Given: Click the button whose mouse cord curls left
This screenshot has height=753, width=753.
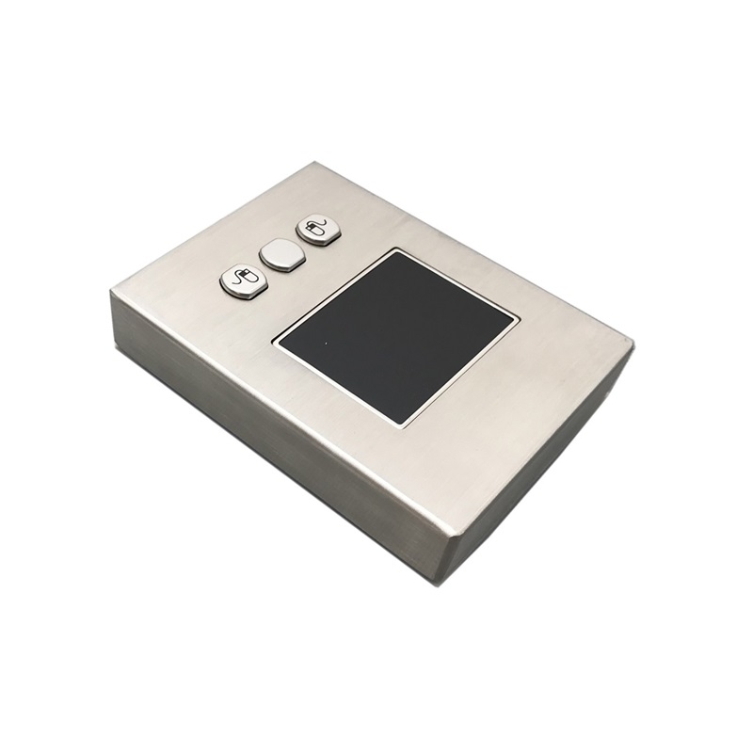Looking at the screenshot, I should point(244,280).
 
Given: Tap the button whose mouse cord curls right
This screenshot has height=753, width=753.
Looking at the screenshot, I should point(318,229).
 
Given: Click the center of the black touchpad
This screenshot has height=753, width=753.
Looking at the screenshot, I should point(396,335).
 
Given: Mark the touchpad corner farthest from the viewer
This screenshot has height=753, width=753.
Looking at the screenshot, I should point(396,253).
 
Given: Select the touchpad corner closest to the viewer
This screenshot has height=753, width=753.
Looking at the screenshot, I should point(402,424).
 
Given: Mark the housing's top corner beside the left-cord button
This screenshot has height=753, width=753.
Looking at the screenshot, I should point(112,293).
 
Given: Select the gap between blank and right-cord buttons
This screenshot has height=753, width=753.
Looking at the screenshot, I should point(300,242).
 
